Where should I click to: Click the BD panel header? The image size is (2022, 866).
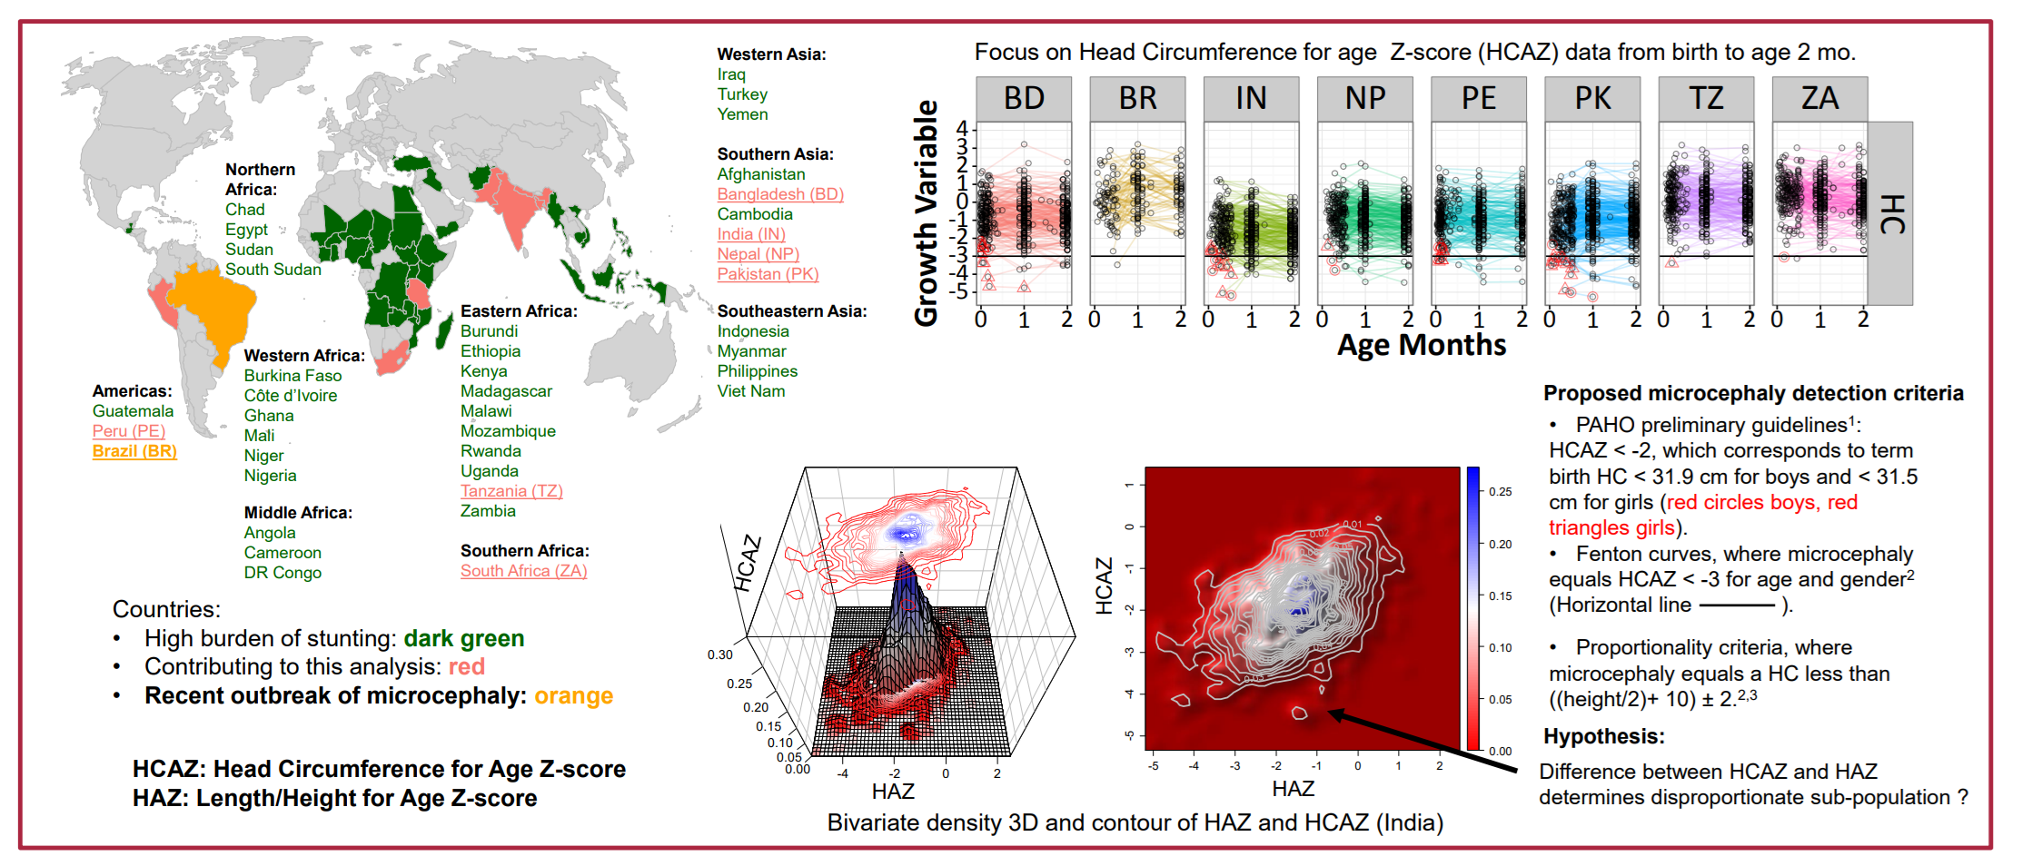pos(1024,98)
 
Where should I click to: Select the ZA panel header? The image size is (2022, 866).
pos(1819,98)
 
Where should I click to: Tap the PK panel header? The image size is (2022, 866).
pos(1592,98)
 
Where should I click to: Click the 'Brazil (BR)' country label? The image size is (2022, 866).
pos(134,451)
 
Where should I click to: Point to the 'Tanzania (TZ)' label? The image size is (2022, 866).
pos(511,491)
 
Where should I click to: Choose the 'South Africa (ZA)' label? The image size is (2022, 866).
pos(523,571)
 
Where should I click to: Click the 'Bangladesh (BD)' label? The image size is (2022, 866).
pos(780,194)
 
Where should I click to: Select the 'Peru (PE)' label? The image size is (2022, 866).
pos(129,431)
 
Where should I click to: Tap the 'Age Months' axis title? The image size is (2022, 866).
pos(1422,346)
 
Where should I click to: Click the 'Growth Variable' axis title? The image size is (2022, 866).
pos(926,213)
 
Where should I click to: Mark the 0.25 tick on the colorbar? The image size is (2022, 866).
pos(1500,492)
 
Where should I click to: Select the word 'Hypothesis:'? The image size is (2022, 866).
pos(1603,736)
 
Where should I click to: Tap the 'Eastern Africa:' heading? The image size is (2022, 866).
pos(519,311)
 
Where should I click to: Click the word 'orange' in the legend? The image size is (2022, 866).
pos(573,696)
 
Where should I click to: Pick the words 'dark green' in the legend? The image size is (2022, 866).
pos(464,639)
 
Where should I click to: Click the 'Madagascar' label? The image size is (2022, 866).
pos(506,391)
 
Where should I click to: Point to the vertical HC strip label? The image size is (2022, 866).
pos(1890,214)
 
